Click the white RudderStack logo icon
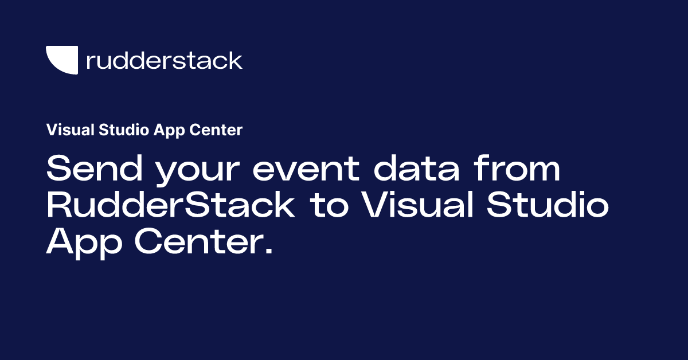pos(61,60)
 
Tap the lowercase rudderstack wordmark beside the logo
pos(164,60)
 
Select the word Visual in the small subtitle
pos(67,130)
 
